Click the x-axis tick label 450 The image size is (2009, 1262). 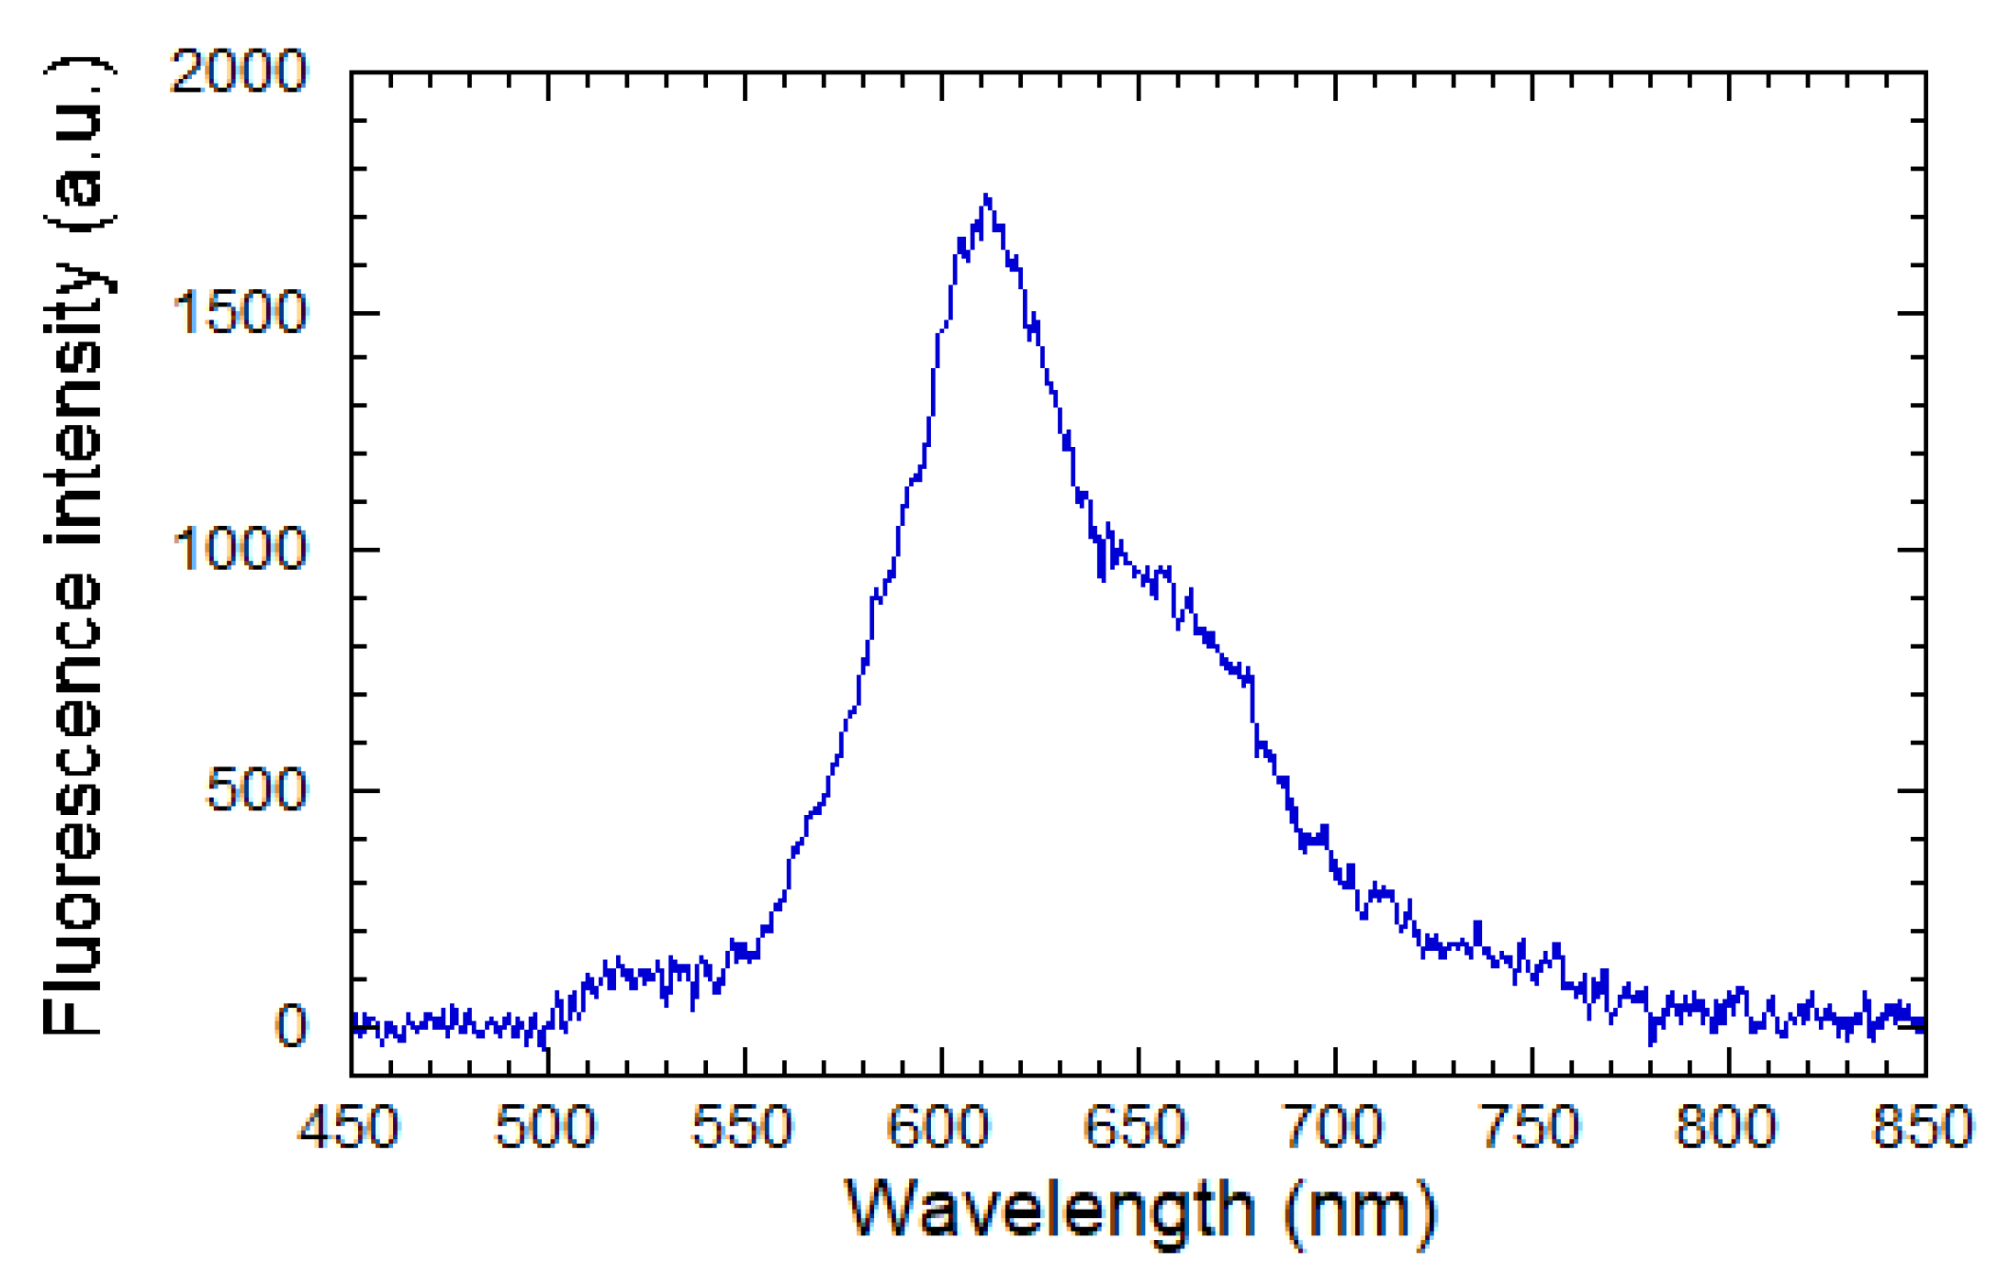point(349,1127)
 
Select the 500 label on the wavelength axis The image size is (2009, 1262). point(545,1127)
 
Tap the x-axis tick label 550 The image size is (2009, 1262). point(742,1127)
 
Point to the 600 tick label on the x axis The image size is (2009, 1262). point(939,1127)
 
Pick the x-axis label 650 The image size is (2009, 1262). point(1136,1127)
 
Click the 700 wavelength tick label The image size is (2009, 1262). point(1333,1127)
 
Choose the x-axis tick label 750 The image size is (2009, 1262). point(1531,1127)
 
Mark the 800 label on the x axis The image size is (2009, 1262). point(1727,1127)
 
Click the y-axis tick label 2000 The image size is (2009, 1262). point(239,71)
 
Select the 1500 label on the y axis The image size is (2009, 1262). point(239,313)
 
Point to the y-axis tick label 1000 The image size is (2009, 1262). point(239,550)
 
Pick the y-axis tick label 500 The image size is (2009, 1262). point(255,789)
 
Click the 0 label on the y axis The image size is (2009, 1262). point(291,1025)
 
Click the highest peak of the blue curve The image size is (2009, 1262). point(986,196)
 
